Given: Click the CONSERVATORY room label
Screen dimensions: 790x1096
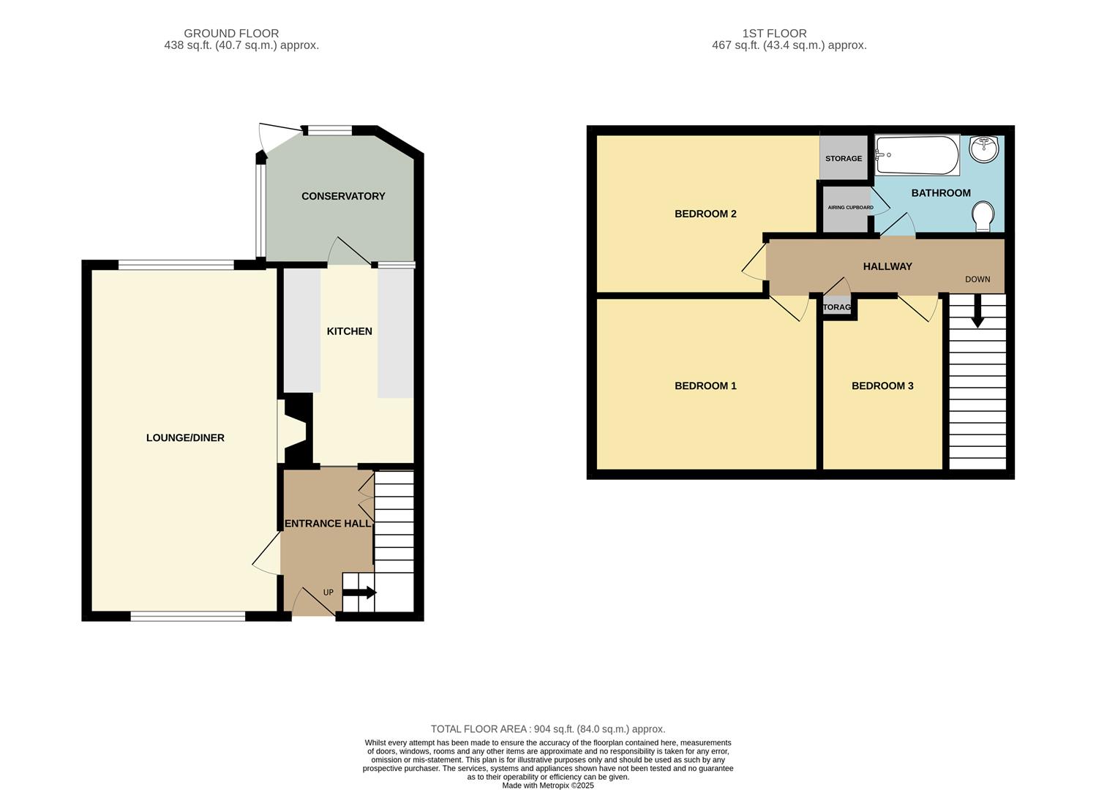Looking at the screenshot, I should click(x=343, y=196).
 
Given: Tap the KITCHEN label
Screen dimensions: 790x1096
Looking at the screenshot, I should click(x=349, y=331).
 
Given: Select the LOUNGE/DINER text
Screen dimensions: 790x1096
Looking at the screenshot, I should click(x=185, y=438).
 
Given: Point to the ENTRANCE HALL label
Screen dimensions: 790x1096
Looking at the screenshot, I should click(x=327, y=524).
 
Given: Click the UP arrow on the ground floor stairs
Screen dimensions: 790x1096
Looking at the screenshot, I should click(x=360, y=592).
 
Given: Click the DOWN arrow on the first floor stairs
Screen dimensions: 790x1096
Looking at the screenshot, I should click(x=977, y=316).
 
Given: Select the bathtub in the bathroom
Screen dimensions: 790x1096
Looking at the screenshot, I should click(x=917, y=154).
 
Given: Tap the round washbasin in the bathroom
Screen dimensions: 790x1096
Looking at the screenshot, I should click(x=983, y=148).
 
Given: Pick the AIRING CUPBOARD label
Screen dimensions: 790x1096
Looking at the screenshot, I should click(x=850, y=208).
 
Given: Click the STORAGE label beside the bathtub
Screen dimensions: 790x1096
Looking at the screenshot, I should click(x=844, y=159).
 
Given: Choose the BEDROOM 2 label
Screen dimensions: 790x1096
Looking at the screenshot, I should click(x=705, y=214).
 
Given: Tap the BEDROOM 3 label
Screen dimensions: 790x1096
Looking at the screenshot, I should click(x=882, y=386).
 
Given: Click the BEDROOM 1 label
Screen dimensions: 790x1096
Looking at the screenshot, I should click(x=705, y=386).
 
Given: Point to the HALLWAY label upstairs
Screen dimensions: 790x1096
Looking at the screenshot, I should click(x=887, y=267).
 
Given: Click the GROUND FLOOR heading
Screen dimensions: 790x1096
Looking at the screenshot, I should click(x=231, y=34).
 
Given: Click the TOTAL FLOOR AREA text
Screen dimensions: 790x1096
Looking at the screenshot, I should click(x=548, y=729).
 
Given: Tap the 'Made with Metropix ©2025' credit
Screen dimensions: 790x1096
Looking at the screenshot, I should click(x=548, y=786).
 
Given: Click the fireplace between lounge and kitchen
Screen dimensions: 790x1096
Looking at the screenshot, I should click(x=296, y=429).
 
